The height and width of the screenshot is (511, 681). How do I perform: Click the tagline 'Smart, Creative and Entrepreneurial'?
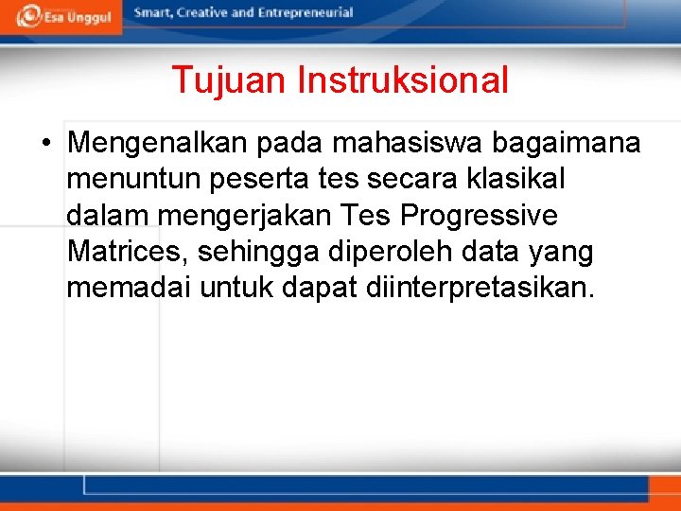(243, 13)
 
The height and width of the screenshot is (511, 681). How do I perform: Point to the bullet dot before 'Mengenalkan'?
(45, 144)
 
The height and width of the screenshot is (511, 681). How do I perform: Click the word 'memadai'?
(128, 288)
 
